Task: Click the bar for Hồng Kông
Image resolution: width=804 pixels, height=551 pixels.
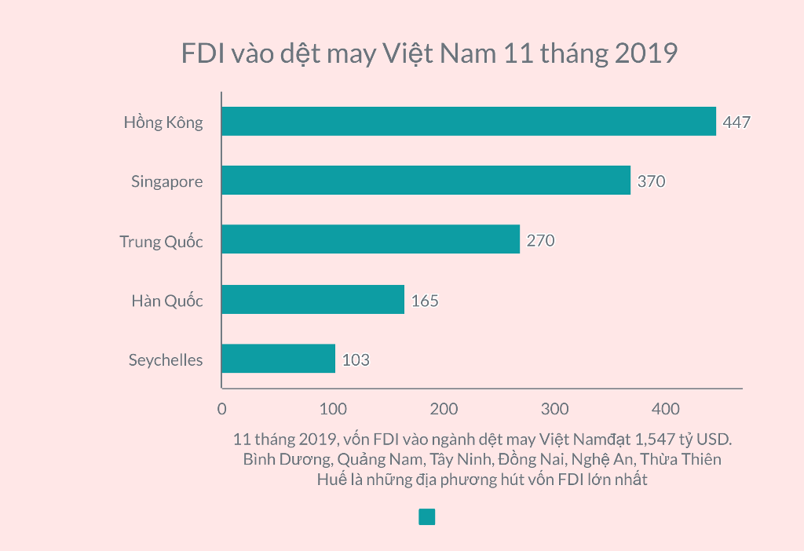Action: [x=469, y=122]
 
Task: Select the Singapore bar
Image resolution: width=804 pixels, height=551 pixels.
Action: [x=426, y=181]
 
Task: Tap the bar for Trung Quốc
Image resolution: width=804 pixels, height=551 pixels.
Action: [x=371, y=239]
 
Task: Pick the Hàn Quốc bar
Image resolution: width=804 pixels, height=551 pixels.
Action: [x=312, y=299]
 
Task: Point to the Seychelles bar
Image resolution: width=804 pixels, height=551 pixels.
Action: [x=278, y=359]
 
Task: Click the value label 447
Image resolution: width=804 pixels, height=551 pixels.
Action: [x=736, y=122]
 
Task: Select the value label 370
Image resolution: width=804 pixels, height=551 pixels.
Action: [x=651, y=181]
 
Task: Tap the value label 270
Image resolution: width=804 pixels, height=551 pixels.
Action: [x=540, y=241]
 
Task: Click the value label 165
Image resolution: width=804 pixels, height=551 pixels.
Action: [x=425, y=301]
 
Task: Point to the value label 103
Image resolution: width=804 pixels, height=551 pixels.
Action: [x=356, y=360]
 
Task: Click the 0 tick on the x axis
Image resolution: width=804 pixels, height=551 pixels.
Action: [x=221, y=409]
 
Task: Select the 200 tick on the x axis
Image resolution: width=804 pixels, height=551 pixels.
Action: [x=444, y=409]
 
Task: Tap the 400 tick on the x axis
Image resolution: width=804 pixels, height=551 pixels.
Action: [x=667, y=409]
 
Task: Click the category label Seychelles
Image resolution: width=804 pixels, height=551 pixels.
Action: [x=166, y=360]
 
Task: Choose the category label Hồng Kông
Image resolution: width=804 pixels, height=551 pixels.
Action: [x=163, y=122]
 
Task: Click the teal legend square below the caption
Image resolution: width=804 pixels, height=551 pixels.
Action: [x=426, y=516]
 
